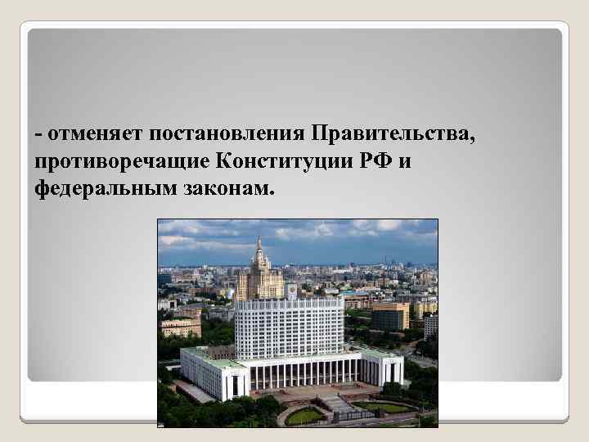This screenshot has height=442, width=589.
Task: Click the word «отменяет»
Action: (x=83, y=133)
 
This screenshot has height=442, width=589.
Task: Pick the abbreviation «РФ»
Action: (x=375, y=160)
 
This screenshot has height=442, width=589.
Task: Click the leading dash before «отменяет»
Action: (x=38, y=134)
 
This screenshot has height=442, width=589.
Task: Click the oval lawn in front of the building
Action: (x=305, y=415)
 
